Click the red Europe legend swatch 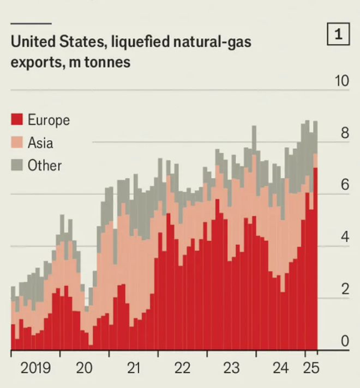[x=17, y=120]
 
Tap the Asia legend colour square [x=17, y=143]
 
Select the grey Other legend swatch [x=17, y=165]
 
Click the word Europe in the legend [x=49, y=120]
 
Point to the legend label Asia [x=40, y=143]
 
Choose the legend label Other [x=45, y=165]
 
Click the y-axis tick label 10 [x=341, y=82]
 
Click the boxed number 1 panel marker [x=338, y=35]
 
